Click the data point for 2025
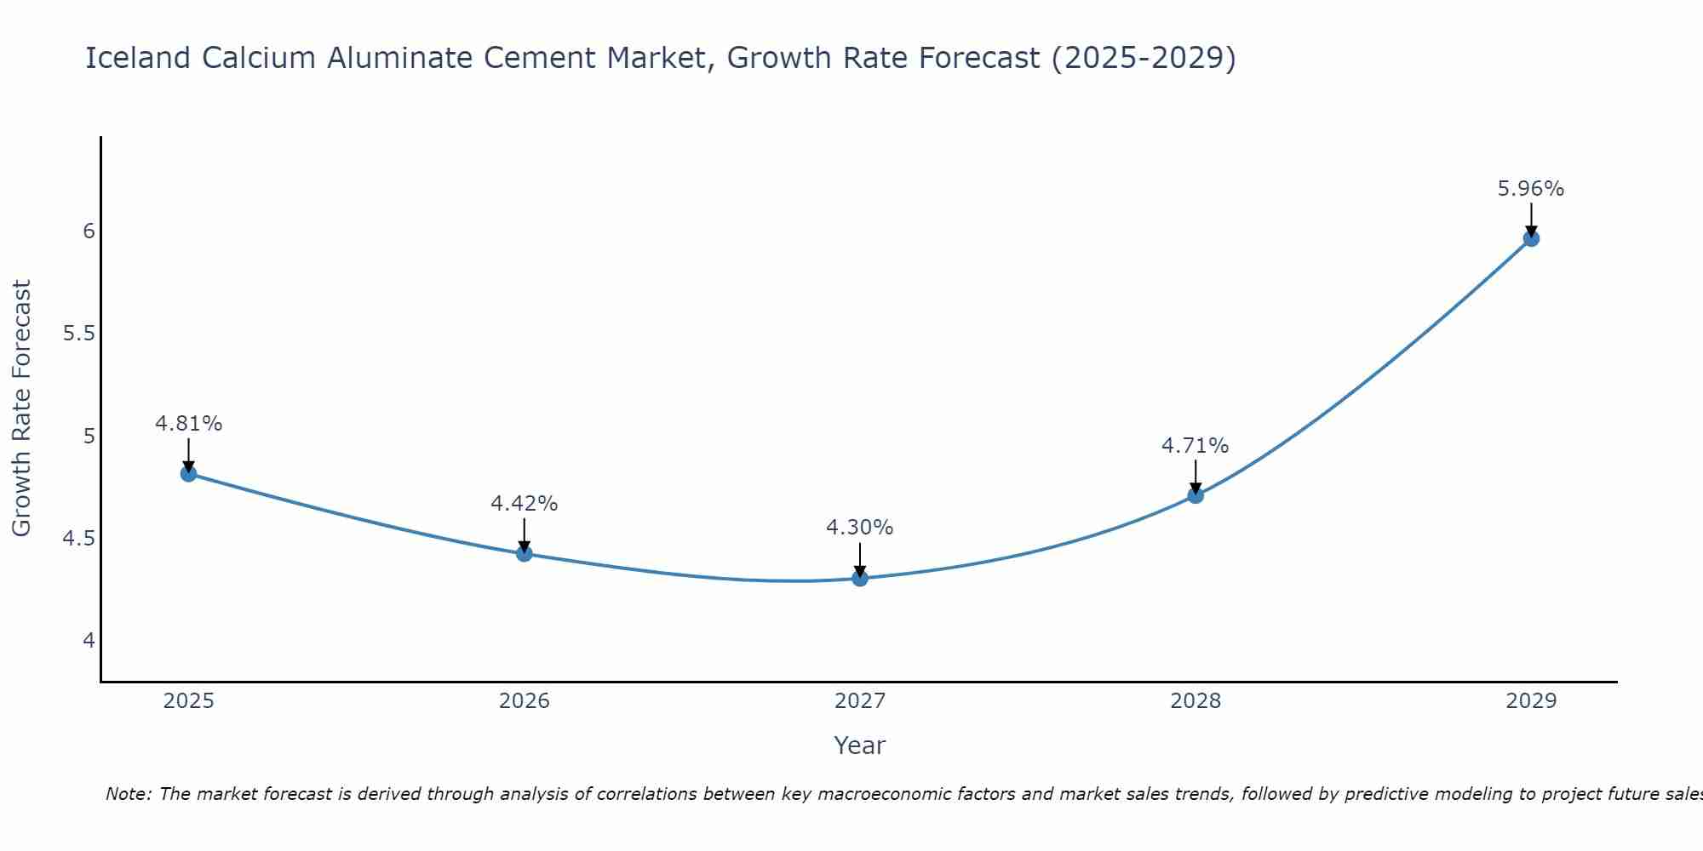(189, 474)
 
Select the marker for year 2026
(525, 554)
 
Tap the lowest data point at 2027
(860, 579)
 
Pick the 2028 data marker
(1196, 495)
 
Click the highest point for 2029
(1531, 238)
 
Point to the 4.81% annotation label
(189, 424)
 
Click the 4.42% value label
(525, 504)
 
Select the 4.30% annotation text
(860, 528)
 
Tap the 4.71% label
(1196, 446)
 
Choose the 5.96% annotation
(1531, 189)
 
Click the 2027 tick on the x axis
(860, 701)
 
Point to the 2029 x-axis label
(1531, 701)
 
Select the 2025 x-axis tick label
(189, 701)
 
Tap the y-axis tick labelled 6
(89, 231)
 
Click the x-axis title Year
(860, 745)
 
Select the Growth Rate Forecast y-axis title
(22, 408)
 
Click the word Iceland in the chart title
(138, 58)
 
